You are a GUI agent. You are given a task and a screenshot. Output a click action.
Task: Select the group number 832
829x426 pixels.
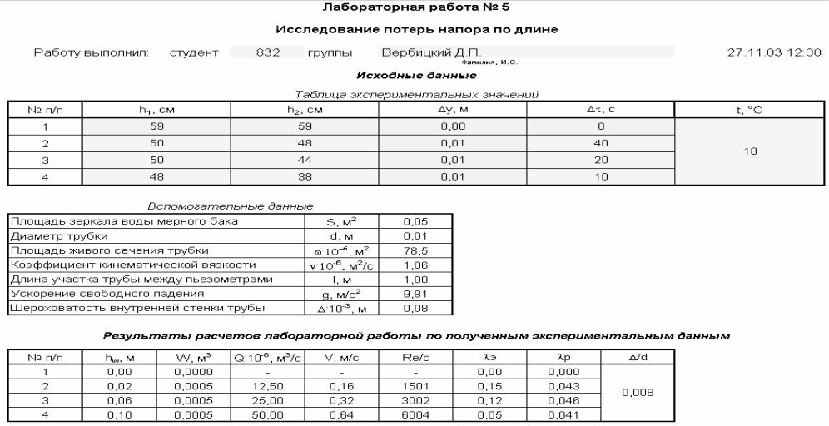[x=266, y=52]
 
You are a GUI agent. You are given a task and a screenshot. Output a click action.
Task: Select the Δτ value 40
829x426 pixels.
[x=600, y=143]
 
